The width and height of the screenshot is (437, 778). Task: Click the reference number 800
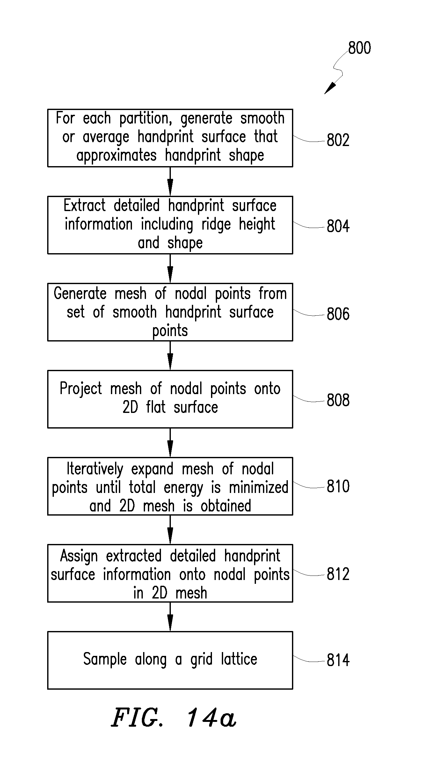(x=360, y=48)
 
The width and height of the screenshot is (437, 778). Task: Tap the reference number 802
(x=338, y=140)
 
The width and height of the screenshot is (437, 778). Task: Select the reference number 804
(x=338, y=226)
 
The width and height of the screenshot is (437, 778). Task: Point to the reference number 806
(x=338, y=314)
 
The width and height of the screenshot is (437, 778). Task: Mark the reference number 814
(x=338, y=660)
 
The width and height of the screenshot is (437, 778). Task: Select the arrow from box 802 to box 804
(x=170, y=181)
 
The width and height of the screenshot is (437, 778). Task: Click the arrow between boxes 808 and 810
(x=170, y=443)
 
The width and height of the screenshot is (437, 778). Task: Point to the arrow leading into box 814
(x=170, y=617)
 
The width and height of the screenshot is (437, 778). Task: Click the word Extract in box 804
(x=84, y=205)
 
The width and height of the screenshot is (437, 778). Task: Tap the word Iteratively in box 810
(x=95, y=469)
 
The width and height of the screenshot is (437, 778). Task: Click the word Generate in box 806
(x=80, y=293)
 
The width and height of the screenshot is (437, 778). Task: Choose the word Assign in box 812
(x=79, y=557)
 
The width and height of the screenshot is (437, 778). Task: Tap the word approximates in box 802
(x=117, y=156)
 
